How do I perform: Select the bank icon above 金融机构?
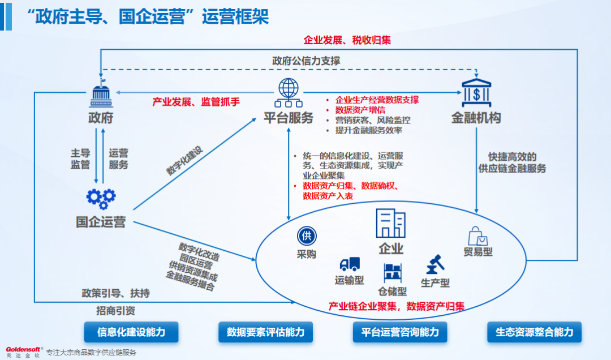tap(476, 92)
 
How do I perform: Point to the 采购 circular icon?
tap(307, 236)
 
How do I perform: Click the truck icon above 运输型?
tap(350, 264)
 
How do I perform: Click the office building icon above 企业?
tap(391, 223)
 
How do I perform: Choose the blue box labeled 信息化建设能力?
tap(131, 332)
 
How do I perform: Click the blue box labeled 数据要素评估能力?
tap(265, 332)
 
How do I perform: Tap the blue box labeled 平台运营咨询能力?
tap(399, 332)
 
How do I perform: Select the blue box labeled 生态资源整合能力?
tap(534, 332)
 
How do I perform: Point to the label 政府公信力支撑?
tap(306, 61)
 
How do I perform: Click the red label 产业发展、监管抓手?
tap(196, 102)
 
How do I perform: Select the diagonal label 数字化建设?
tap(184, 161)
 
